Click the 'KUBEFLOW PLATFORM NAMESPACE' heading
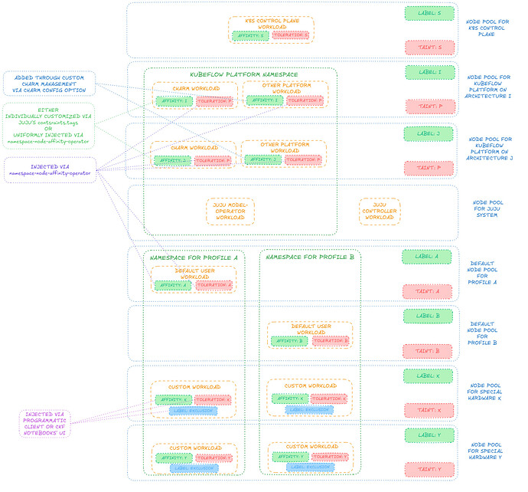[x=243, y=74]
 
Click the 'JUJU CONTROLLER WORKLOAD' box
[x=379, y=211]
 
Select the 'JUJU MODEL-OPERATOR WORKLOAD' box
[x=230, y=211]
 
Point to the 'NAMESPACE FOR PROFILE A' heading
[x=193, y=257]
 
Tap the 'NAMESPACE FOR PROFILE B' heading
[x=309, y=257]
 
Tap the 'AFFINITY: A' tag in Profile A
[x=172, y=285]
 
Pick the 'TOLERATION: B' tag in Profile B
[x=330, y=341]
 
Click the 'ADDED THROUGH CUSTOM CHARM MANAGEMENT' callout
[x=49, y=83]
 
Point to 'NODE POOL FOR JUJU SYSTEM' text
[x=487, y=208]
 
